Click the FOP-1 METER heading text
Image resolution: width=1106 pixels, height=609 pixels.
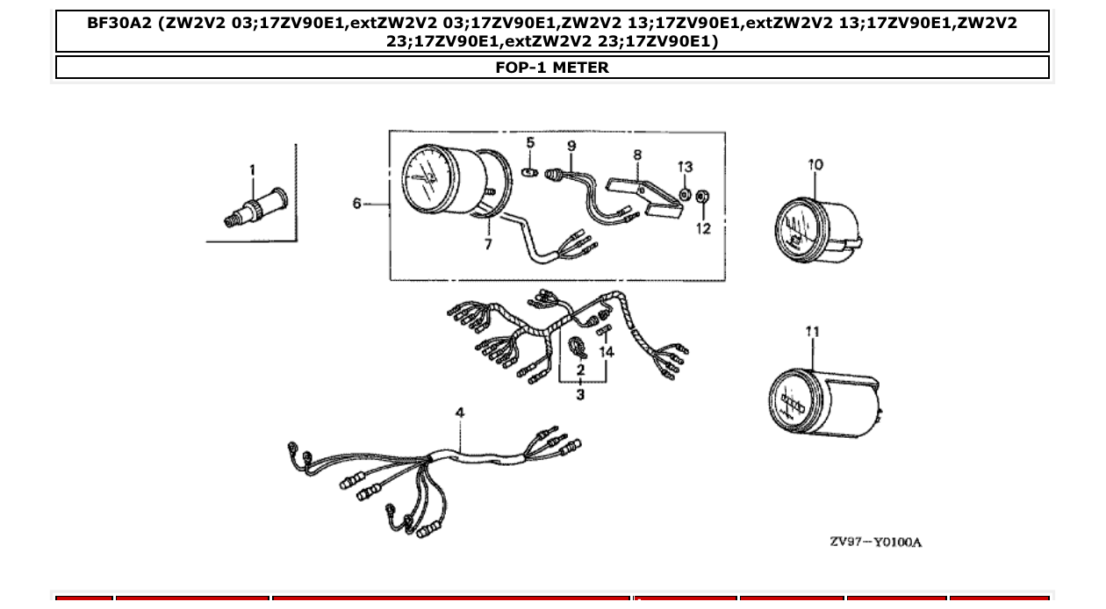coord(552,68)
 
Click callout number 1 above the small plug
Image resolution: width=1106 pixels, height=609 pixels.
coord(252,170)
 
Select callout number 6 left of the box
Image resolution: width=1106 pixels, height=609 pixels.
coord(357,204)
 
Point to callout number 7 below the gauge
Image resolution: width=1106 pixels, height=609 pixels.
coord(489,244)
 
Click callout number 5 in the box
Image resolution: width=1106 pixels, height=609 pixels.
coord(530,143)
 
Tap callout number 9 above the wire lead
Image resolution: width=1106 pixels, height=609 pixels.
coord(571,146)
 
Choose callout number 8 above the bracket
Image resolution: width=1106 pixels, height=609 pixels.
coord(637,155)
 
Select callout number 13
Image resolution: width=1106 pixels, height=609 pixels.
coord(685,167)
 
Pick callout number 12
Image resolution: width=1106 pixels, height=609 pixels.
coord(704,228)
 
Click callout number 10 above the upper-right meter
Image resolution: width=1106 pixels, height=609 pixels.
coord(816,164)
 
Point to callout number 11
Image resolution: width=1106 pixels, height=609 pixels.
coord(813,332)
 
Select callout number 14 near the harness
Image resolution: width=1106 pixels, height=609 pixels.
coord(607,352)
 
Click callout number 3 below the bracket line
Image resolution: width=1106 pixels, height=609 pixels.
coord(580,394)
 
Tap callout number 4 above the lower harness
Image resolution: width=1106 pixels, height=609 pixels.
coord(460,412)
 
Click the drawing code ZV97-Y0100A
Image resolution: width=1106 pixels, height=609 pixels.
coord(876,541)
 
